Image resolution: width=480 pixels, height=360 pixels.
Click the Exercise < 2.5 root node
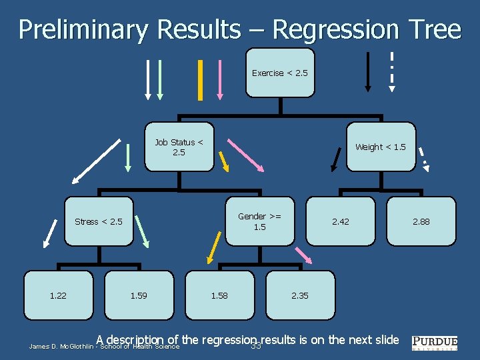click(279, 73)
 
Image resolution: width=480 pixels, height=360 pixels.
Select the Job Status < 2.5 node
click(179, 147)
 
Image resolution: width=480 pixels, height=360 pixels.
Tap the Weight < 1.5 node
click(380, 147)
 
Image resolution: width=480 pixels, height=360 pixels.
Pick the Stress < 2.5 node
click(99, 221)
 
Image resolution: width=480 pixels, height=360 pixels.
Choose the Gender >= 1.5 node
click(259, 221)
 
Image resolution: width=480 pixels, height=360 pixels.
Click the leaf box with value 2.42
click(340, 221)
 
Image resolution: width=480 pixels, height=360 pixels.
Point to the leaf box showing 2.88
click(421, 221)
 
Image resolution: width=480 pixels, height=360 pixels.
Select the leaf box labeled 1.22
click(58, 295)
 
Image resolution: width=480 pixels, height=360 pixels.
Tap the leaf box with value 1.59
click(139, 295)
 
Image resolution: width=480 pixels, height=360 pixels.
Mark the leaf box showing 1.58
click(219, 295)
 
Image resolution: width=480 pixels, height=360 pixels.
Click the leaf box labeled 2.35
click(299, 295)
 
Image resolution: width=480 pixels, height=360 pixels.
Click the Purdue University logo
click(435, 343)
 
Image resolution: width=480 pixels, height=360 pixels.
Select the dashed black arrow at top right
click(391, 71)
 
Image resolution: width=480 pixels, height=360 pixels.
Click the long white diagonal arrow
click(97, 160)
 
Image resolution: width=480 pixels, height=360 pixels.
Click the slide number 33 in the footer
click(255, 346)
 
